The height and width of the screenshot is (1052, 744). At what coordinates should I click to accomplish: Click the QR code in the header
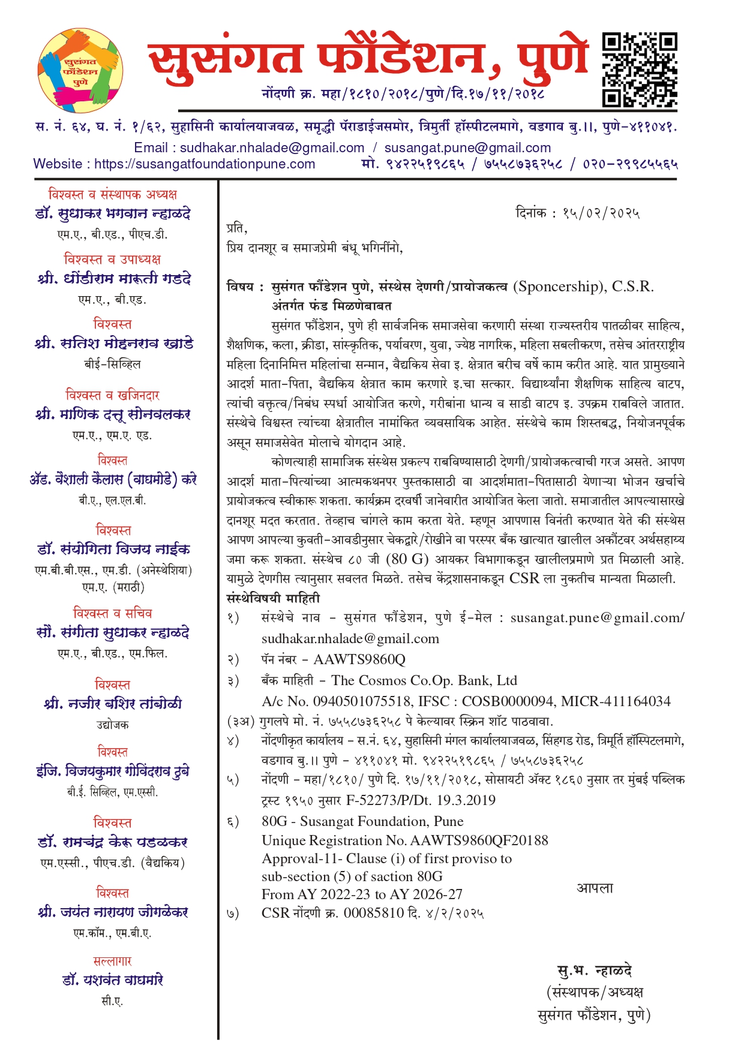640,70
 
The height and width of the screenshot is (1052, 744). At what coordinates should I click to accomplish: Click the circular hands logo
80,71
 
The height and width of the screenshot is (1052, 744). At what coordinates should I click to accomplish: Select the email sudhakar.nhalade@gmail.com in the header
272,148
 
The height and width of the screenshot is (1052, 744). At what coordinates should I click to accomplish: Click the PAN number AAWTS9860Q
359,660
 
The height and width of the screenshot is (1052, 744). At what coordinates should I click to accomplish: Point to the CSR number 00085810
373,914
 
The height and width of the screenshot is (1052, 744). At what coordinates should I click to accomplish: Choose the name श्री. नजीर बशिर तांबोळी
113,704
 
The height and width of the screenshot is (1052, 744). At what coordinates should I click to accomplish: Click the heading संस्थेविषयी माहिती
273,599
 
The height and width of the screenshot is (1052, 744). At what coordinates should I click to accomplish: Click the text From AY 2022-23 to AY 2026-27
362,895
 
